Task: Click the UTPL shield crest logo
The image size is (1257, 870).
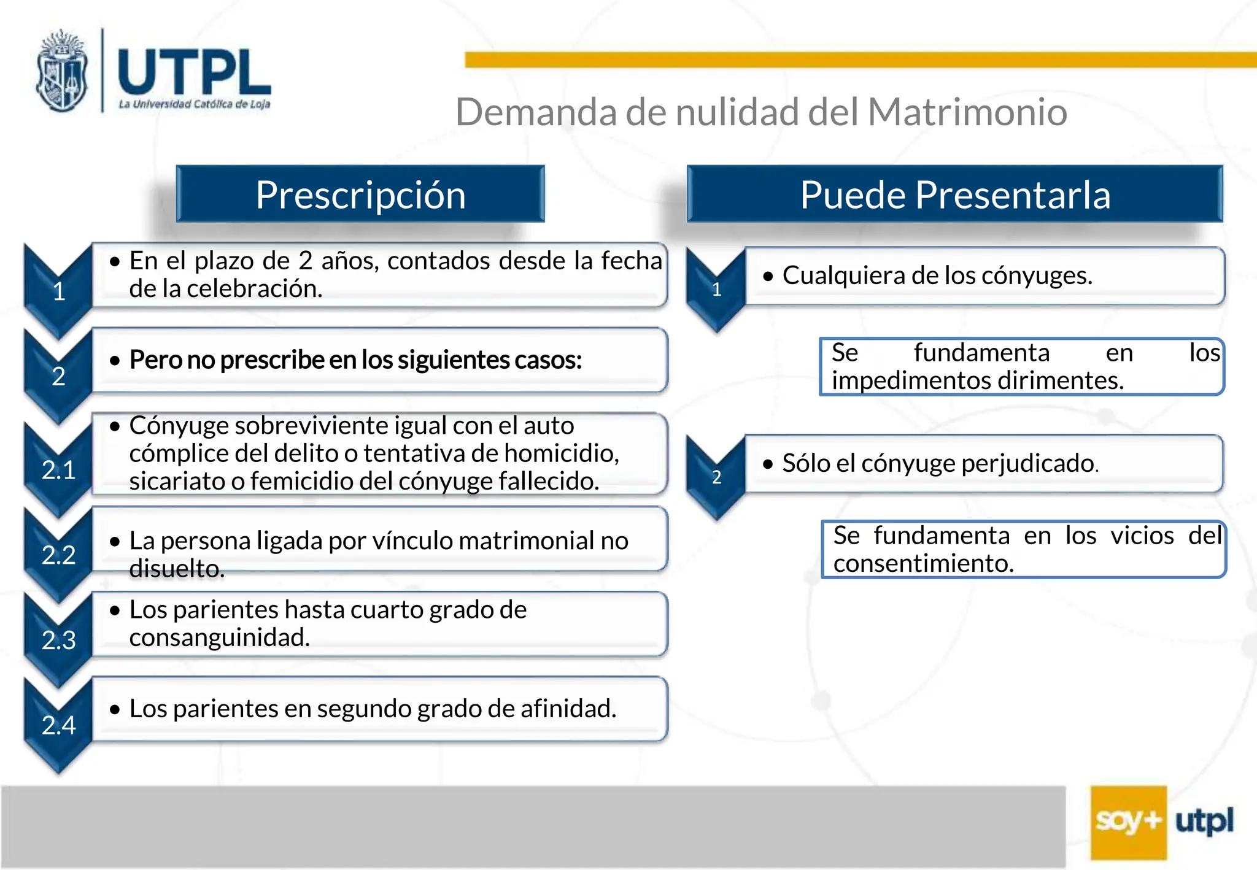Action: [x=61, y=72]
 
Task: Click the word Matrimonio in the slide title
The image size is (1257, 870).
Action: [x=967, y=112]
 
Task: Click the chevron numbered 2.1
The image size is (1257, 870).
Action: [x=58, y=470]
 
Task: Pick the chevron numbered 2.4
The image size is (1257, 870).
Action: [x=58, y=725]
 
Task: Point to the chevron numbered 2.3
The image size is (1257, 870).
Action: [x=58, y=640]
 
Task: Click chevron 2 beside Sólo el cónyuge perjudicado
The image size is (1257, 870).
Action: [x=716, y=477]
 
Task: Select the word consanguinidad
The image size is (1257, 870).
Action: [x=219, y=637]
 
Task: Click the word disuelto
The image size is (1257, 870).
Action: [x=176, y=569]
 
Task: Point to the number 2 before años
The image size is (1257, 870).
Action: [x=305, y=261]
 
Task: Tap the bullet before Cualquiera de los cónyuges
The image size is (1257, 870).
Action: [x=768, y=277]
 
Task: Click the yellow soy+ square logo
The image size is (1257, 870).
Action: [x=1128, y=822]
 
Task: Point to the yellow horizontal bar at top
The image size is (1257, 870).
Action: [x=859, y=60]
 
